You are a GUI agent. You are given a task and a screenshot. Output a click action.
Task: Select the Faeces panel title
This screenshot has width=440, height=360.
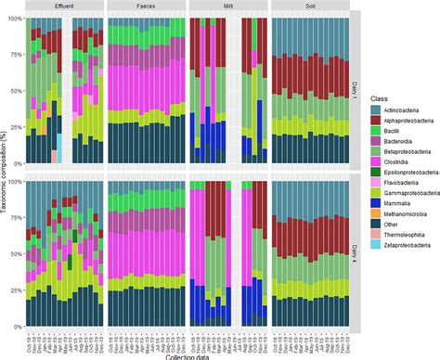tap(145, 5)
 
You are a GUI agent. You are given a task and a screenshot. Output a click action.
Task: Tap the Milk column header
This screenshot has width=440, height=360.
tap(226, 5)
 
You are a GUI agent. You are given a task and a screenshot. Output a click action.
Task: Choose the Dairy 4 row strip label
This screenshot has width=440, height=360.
tap(356, 249)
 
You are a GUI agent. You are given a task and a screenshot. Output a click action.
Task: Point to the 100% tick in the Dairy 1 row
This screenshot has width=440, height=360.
tap(14, 19)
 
